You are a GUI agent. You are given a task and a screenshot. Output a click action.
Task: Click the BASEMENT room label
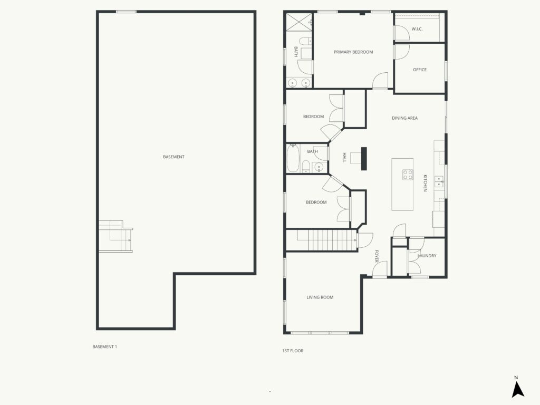click(x=173, y=157)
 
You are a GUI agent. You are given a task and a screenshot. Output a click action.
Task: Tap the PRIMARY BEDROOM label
click(x=353, y=52)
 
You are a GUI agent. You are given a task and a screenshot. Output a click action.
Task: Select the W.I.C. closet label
click(x=417, y=29)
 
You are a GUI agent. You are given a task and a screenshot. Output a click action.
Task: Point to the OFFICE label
click(x=420, y=70)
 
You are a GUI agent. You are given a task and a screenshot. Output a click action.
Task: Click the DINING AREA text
click(x=404, y=118)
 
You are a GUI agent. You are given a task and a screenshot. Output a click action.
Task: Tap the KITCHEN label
click(x=425, y=183)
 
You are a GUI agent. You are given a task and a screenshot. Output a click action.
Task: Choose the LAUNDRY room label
click(x=427, y=256)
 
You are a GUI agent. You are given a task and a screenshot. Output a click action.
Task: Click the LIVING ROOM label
click(x=320, y=297)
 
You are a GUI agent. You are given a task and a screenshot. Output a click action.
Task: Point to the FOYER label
click(x=377, y=256)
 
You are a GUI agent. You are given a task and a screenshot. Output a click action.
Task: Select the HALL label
click(x=344, y=157)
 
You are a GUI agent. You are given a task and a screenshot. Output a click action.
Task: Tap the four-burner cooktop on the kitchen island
click(x=408, y=175)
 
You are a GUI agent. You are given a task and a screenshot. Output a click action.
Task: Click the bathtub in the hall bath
click(x=293, y=158)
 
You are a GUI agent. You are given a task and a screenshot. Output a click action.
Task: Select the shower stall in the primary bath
click(x=299, y=22)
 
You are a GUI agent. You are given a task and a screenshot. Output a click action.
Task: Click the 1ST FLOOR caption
click(x=293, y=351)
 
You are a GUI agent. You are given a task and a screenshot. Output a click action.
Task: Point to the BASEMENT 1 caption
click(x=105, y=346)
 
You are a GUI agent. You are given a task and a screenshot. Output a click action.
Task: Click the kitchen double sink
click(x=439, y=181)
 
